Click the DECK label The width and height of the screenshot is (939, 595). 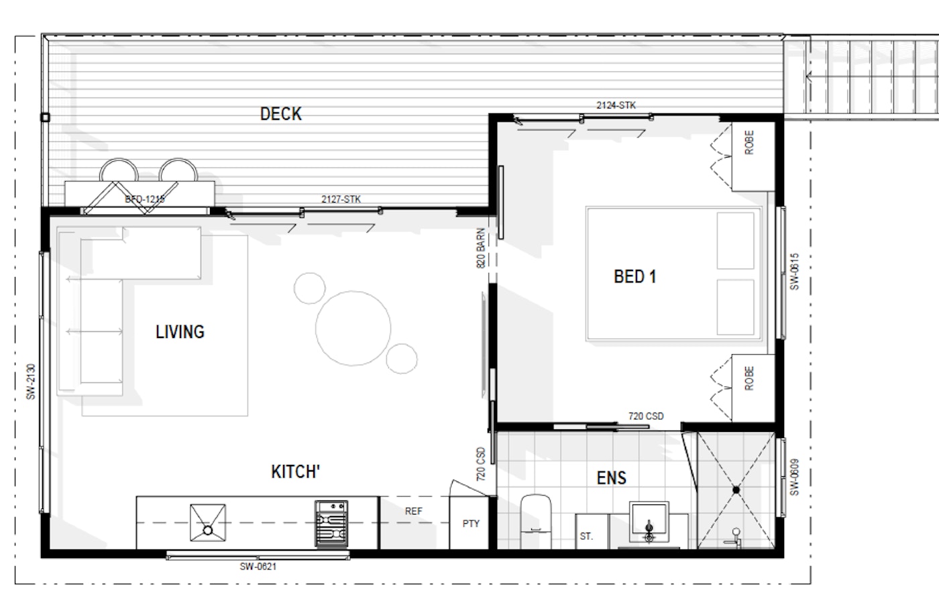point(281,114)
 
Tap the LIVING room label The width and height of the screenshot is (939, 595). point(180,332)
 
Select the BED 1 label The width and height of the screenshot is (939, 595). point(634,277)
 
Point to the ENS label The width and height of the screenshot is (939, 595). point(612,478)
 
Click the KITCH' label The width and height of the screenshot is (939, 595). point(296,472)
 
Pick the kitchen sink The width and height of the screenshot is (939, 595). point(208,523)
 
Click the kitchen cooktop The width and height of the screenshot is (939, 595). point(331,524)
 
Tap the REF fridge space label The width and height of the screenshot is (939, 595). point(414,511)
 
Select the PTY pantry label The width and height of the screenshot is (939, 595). point(471,524)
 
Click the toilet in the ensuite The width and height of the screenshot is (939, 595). point(535,521)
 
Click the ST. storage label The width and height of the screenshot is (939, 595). point(586,536)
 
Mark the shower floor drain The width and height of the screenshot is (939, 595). point(736,490)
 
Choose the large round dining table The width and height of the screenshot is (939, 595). point(353,329)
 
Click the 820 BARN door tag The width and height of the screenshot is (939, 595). point(482,248)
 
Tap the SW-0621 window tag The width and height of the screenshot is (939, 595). point(258,567)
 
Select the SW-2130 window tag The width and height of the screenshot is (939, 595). point(31,382)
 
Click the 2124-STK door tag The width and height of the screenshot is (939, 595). point(616,105)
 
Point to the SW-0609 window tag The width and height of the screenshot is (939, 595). point(794,477)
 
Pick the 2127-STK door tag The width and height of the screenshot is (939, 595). point(341,199)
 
